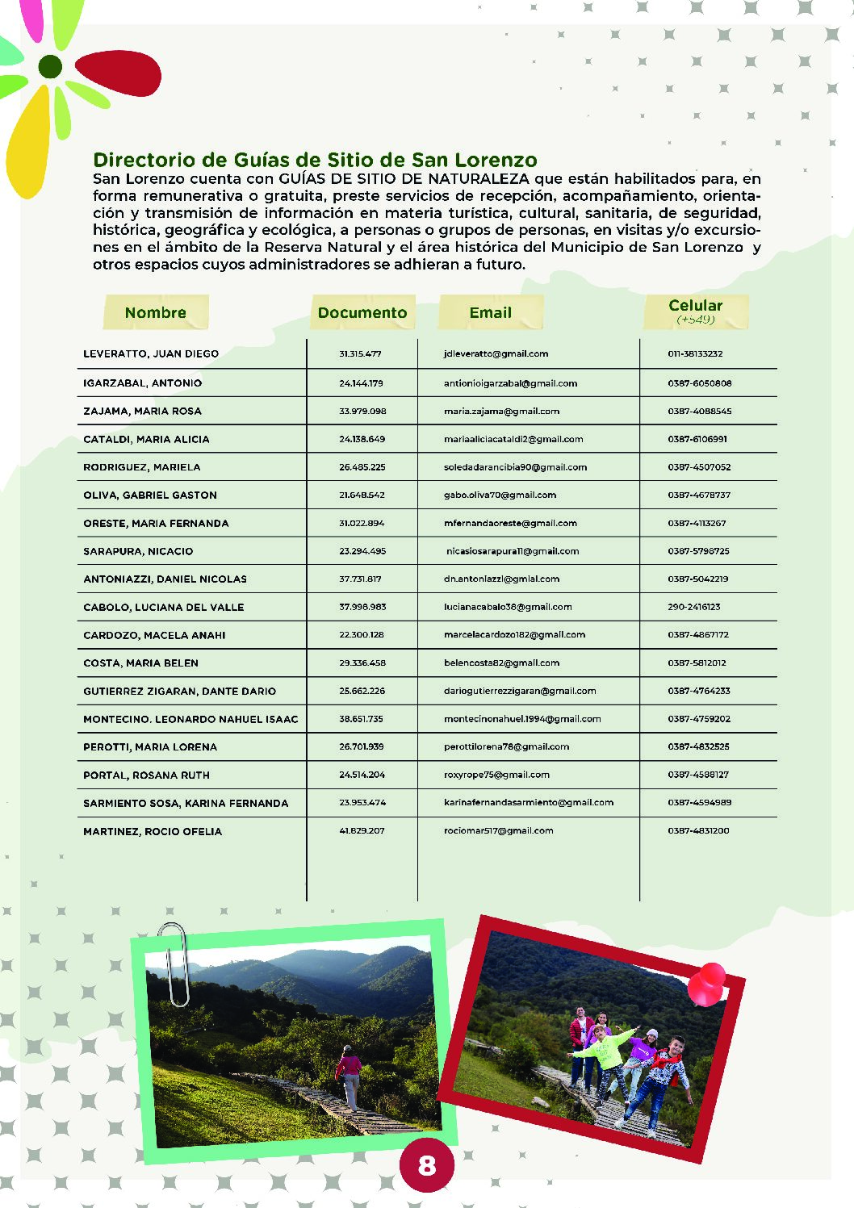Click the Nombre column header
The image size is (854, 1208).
click(x=156, y=312)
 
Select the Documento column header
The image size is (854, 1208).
click(x=362, y=312)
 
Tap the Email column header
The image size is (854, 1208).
click(x=491, y=312)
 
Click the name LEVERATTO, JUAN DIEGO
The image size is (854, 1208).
click(x=151, y=353)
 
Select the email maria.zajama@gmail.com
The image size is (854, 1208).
click(x=501, y=411)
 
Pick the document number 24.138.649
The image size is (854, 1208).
click(x=362, y=439)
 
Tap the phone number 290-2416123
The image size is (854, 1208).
click(x=694, y=607)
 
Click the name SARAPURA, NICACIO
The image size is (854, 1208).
click(x=138, y=551)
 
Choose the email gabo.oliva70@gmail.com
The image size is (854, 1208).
click(x=500, y=495)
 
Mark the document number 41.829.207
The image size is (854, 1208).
click(x=362, y=830)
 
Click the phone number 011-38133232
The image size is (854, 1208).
click(x=695, y=353)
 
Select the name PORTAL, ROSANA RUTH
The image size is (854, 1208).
click(x=146, y=775)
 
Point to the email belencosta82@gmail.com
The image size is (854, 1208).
click(x=501, y=663)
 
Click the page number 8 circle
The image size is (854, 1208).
click(x=427, y=1164)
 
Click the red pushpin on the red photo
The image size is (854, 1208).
click(x=708, y=983)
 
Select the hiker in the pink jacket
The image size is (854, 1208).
click(x=350, y=1076)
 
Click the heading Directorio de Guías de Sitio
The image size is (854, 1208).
click(x=315, y=160)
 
